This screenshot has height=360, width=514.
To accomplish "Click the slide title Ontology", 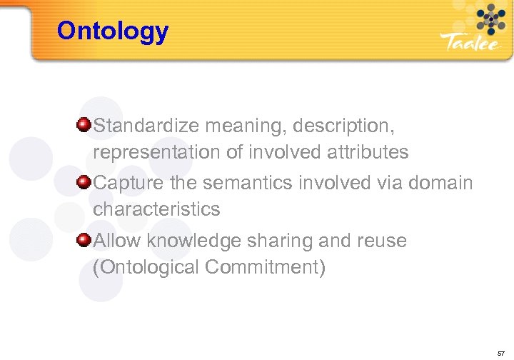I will click(x=113, y=31).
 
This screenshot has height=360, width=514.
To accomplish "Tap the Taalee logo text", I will click(x=470, y=43).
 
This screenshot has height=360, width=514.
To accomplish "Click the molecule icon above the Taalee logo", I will click(x=490, y=18).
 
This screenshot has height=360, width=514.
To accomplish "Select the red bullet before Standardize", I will click(x=84, y=125).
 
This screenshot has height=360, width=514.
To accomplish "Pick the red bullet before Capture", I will click(x=84, y=182).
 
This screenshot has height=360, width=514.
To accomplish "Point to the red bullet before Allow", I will click(x=84, y=240).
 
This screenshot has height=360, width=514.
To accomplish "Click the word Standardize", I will click(x=146, y=126).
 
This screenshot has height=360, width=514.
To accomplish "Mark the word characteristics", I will click(x=156, y=209).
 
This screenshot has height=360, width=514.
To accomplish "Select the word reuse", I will click(x=383, y=241).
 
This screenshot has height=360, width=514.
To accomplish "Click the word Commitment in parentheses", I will click(x=265, y=268).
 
